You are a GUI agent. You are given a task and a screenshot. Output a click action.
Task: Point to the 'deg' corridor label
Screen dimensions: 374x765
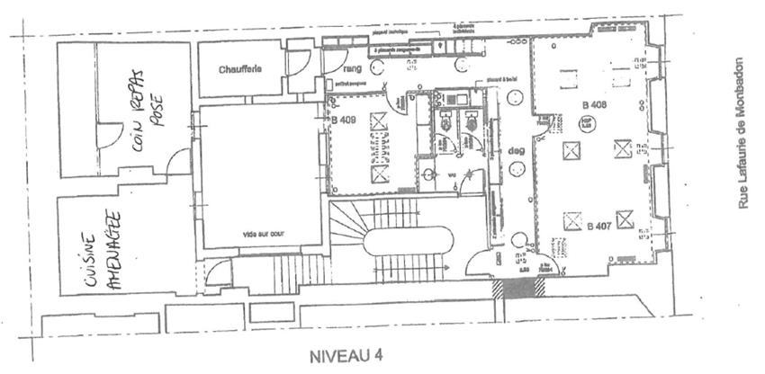pos(517,151)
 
